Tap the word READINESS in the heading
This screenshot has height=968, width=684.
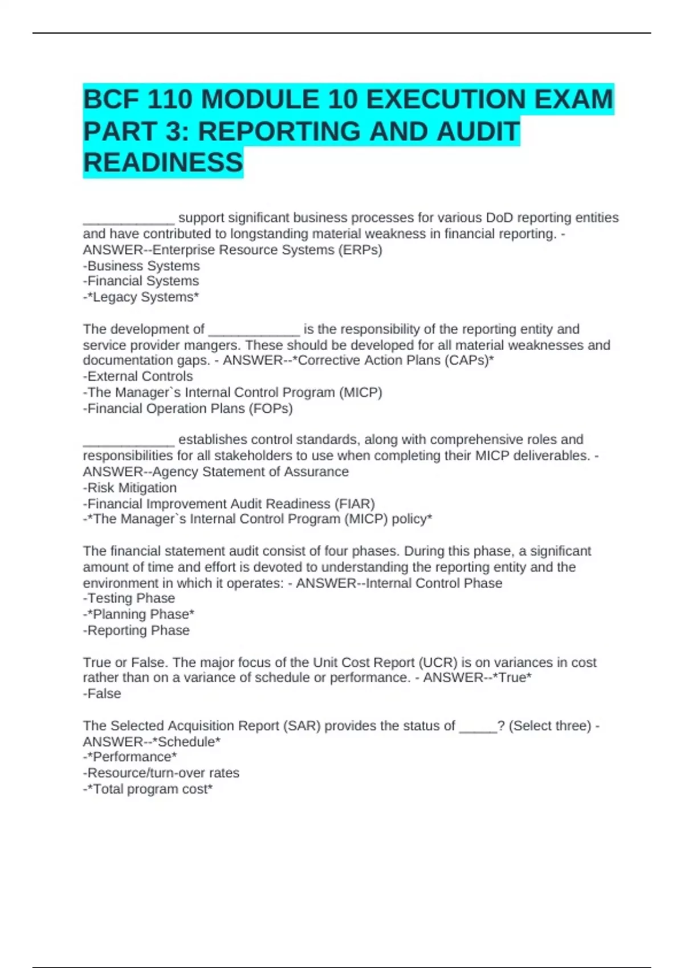coord(163,163)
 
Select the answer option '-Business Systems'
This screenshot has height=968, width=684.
coord(141,266)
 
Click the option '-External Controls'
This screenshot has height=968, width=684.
coord(138,376)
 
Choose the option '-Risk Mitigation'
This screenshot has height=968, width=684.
coord(130,488)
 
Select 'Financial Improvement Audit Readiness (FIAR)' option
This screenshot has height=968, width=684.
coord(229,504)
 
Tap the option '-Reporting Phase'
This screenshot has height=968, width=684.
coord(136,630)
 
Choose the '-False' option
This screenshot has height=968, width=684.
coord(102,694)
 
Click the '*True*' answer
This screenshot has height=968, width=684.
coord(512,678)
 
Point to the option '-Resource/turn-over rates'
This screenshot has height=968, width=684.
coord(161,773)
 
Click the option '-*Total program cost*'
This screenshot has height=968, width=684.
coord(148,789)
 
